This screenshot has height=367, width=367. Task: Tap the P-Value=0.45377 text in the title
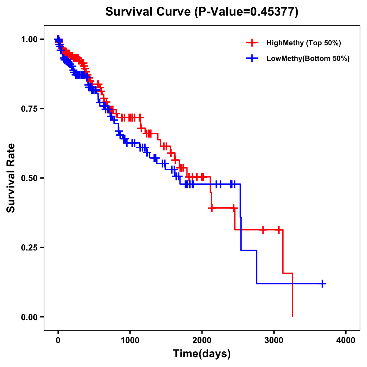(247, 12)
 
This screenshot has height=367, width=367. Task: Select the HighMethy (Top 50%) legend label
(303, 43)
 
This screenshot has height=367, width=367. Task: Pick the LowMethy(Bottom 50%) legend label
(308, 59)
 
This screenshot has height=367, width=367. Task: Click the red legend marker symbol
(252, 43)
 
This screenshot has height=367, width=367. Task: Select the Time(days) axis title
(202, 354)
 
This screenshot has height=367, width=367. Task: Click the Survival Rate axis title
(11, 178)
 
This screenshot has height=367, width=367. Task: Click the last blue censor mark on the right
(322, 284)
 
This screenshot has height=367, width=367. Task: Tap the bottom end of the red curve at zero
(293, 316)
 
